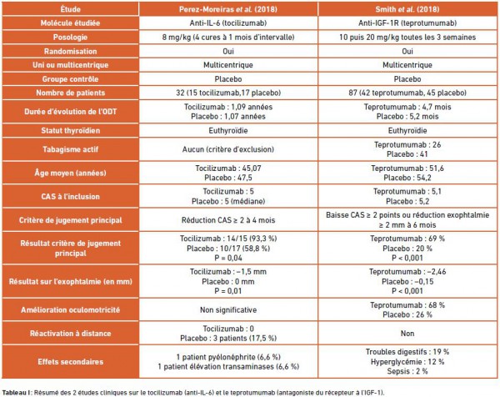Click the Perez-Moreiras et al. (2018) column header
tap(228, 9)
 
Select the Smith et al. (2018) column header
tap(407, 9)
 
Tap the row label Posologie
tap(70, 37)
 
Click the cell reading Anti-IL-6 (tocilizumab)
tap(228, 23)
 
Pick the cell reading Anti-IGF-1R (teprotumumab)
tap(407, 23)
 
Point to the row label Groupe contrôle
tap(70, 79)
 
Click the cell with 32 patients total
tap(228, 93)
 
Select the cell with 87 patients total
tap(407, 93)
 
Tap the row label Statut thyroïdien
tap(70, 130)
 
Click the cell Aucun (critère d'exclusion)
tap(228, 149)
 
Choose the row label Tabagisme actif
tap(70, 149)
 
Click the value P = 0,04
tap(228, 258)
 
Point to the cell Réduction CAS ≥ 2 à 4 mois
tap(228, 220)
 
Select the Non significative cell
tap(228, 309)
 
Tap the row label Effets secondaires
tap(70, 362)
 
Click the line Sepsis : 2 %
tap(407, 371)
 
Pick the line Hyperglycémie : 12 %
tap(407, 362)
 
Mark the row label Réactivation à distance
tap(70, 333)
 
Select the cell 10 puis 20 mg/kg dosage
tap(407, 37)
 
